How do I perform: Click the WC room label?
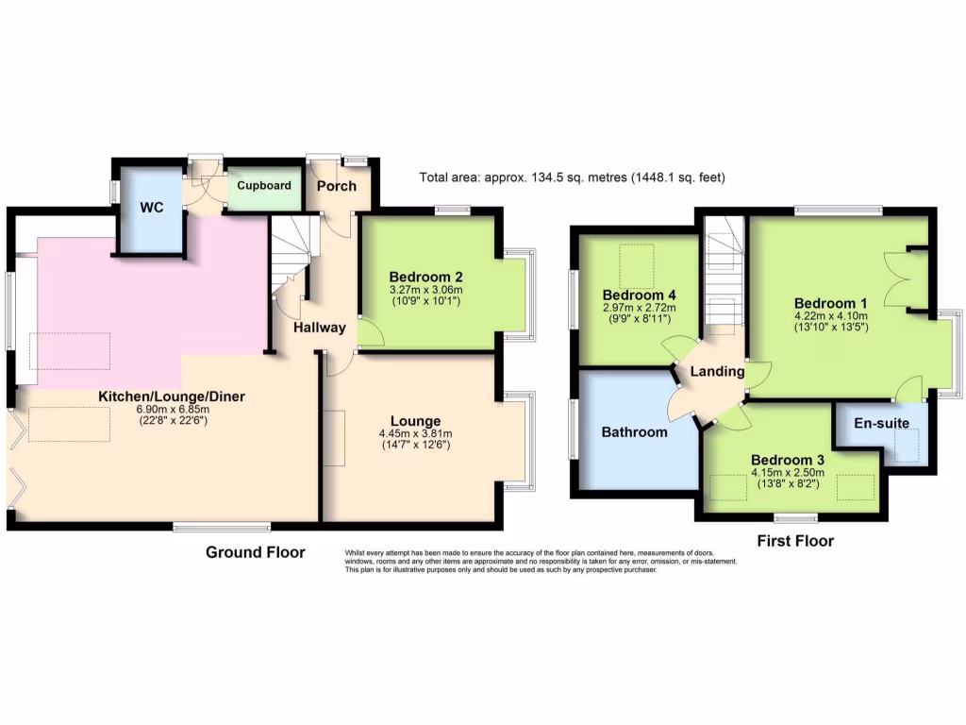point(152,207)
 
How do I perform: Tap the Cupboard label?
point(264,186)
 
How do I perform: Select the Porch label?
point(337,186)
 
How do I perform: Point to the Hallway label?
point(318,328)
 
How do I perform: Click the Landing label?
point(717,372)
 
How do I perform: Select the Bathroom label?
point(634,432)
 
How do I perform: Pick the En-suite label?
point(882,423)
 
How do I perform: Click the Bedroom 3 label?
point(788,460)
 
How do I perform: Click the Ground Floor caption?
point(256,552)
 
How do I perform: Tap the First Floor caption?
point(795,542)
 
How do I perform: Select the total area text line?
point(573,177)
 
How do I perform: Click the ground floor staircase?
point(291,255)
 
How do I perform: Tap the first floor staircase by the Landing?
point(723,274)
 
